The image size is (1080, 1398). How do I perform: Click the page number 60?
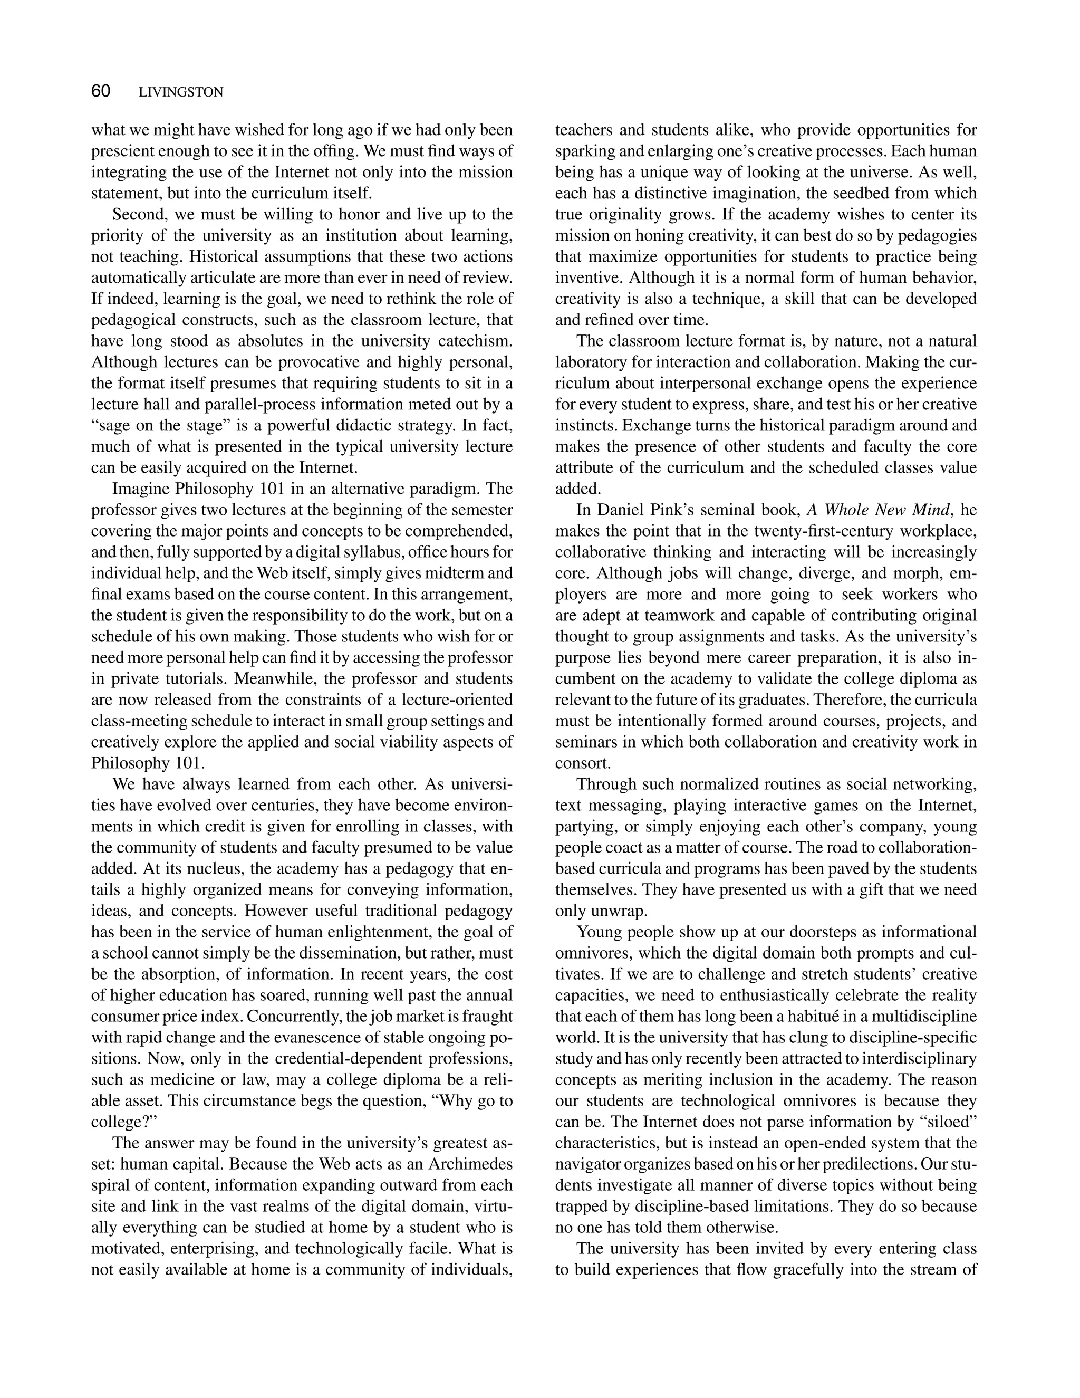[x=101, y=92]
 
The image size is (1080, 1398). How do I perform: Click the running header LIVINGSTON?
[x=181, y=92]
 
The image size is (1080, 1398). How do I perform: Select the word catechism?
[x=475, y=341]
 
